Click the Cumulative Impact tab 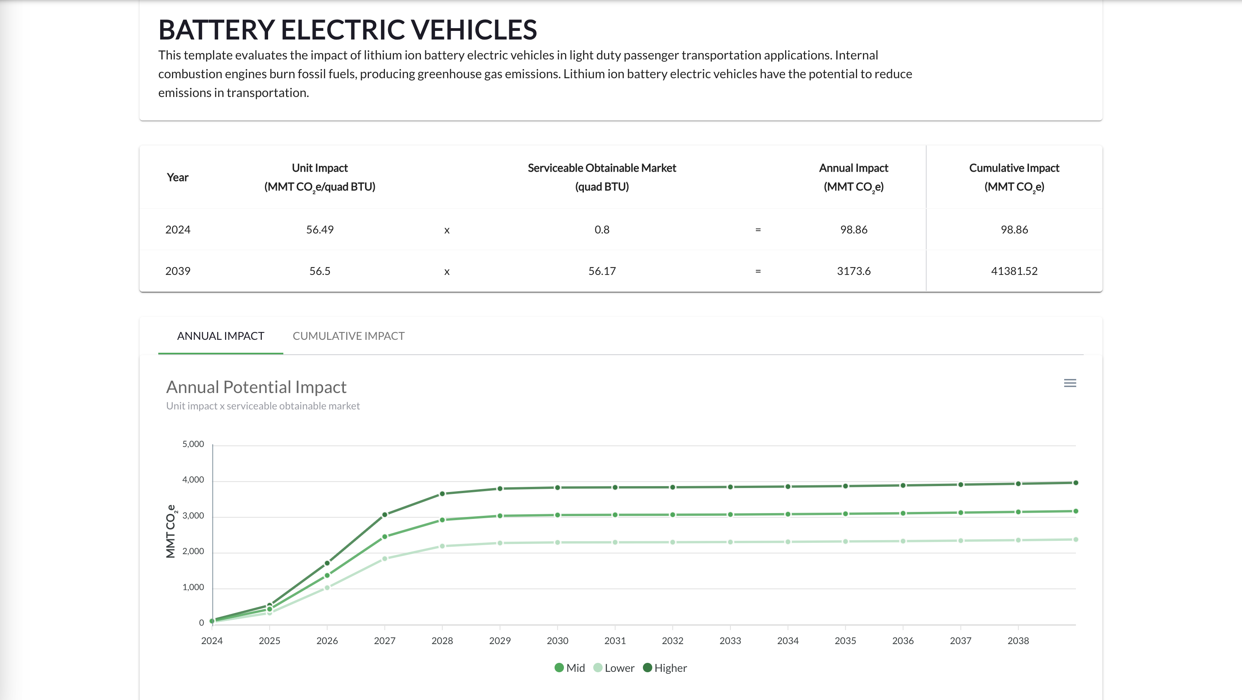pyautogui.click(x=348, y=336)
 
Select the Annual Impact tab pyautogui.click(x=220, y=336)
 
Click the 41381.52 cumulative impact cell pyautogui.click(x=1014, y=271)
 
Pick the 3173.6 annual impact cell pyautogui.click(x=854, y=271)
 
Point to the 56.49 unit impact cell pyautogui.click(x=320, y=230)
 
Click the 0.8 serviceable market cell pyautogui.click(x=602, y=230)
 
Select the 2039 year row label pyautogui.click(x=178, y=271)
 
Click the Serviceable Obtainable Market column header pyautogui.click(x=602, y=177)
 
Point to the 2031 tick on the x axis pyautogui.click(x=615, y=641)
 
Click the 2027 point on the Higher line pyautogui.click(x=385, y=515)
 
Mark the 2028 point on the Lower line pyautogui.click(x=442, y=546)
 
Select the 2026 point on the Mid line pyautogui.click(x=327, y=575)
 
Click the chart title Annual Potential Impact pyautogui.click(x=256, y=387)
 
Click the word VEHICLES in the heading pyautogui.click(x=474, y=30)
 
